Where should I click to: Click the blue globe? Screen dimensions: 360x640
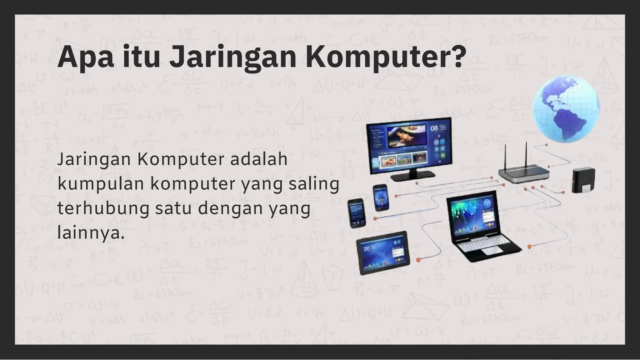click(566, 108)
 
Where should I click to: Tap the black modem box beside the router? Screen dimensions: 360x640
click(583, 180)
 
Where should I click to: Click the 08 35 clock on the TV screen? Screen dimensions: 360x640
click(438, 128)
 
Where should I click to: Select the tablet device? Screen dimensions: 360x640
click(383, 252)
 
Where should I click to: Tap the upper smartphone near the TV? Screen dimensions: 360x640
click(381, 197)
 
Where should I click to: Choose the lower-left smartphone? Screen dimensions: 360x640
click(357, 213)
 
